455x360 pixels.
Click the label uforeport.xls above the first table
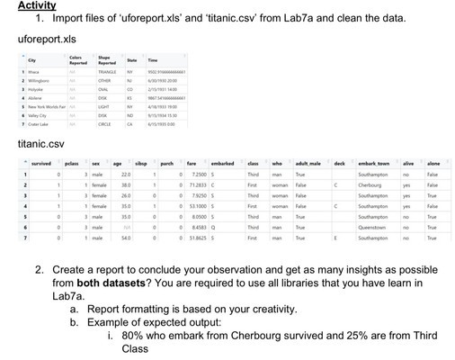click(x=44, y=40)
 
